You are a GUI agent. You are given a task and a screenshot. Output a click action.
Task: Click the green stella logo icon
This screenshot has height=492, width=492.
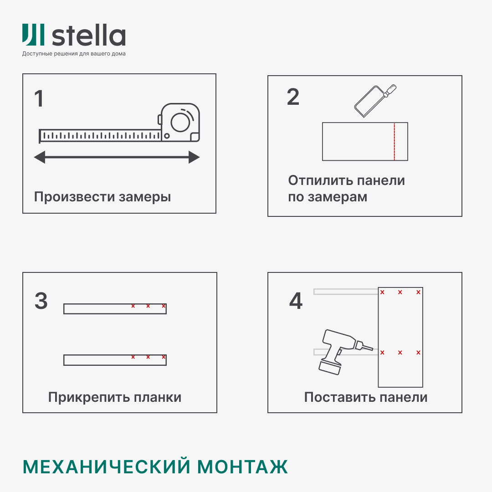click(33, 35)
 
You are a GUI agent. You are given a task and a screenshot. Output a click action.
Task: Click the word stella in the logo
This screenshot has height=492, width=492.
click(89, 36)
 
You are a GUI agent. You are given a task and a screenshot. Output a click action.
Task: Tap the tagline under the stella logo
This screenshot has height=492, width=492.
click(74, 54)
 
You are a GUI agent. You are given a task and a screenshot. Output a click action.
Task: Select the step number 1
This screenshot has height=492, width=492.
click(39, 99)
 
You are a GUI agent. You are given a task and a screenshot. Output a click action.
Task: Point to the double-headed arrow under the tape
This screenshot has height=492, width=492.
click(117, 158)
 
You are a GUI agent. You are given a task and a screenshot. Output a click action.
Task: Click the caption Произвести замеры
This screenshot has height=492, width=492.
click(102, 197)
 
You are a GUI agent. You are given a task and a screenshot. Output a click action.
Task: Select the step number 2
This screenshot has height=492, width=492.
click(293, 97)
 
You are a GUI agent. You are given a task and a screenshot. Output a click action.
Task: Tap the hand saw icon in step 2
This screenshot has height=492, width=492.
click(374, 100)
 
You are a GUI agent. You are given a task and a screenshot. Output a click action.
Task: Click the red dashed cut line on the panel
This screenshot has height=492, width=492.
click(394, 142)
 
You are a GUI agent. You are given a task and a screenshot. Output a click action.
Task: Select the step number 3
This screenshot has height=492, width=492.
click(41, 301)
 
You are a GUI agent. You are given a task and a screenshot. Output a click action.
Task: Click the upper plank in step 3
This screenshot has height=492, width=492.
click(115, 309)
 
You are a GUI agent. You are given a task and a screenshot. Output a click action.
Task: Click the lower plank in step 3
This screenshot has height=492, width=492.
click(115, 360)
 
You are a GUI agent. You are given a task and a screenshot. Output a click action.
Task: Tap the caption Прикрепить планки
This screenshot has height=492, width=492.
click(115, 397)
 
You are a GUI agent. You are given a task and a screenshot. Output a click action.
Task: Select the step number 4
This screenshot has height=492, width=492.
click(296, 301)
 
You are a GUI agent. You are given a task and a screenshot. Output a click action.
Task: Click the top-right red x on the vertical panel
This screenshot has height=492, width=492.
click(418, 292)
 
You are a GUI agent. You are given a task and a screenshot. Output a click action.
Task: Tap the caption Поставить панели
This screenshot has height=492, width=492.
click(365, 397)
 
